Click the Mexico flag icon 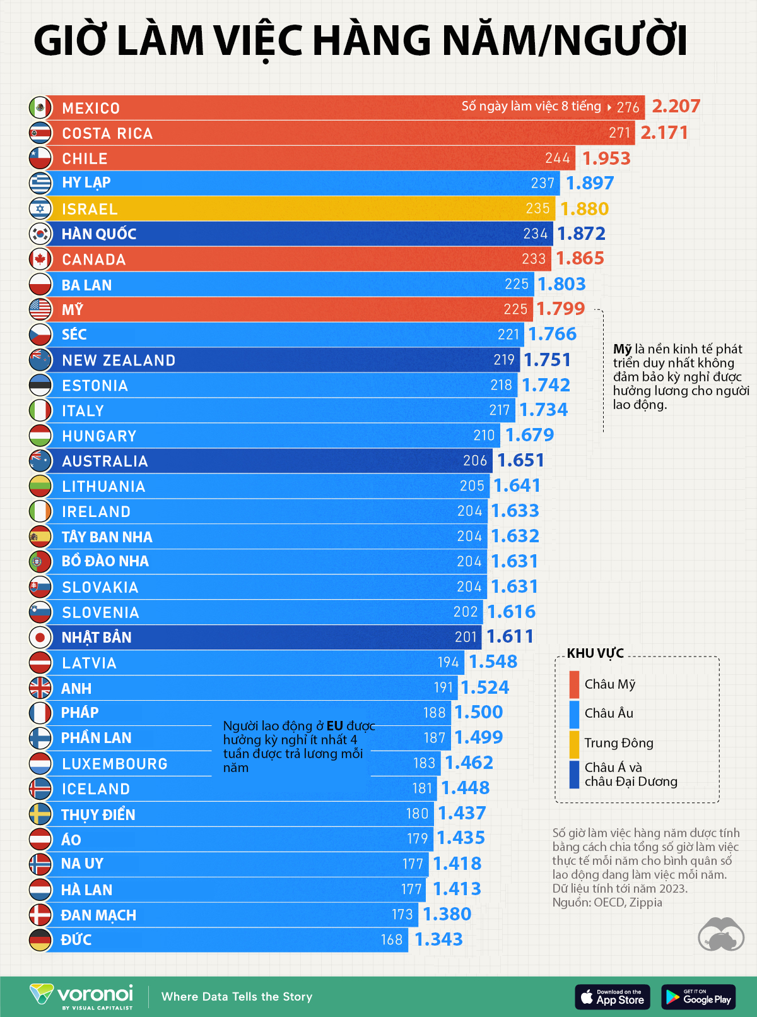pos(40,107)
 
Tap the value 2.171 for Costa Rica pos(664,133)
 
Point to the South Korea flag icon pos(40,234)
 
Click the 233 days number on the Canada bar pos(534,259)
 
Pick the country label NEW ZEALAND pos(119,360)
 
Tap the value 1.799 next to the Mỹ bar pos(560,309)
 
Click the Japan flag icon pos(40,637)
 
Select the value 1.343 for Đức pos(438,939)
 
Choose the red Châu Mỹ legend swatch pos(574,684)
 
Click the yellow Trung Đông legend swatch pos(574,744)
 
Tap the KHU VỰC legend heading pos(595,653)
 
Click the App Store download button pos(613,997)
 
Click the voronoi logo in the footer pos(82,996)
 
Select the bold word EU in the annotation pos(334,726)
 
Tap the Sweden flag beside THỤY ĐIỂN pos(40,814)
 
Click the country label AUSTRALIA pos(105,461)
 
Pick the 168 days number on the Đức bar pos(391,940)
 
